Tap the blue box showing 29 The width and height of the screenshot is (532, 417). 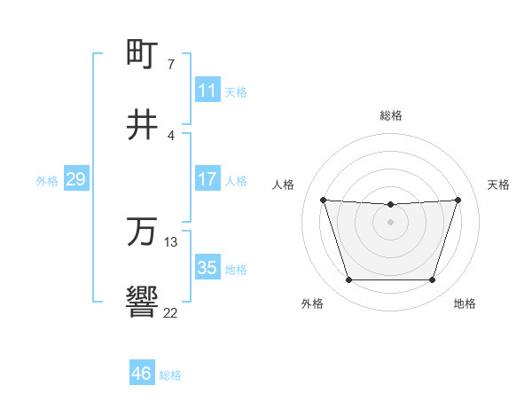[x=75, y=180]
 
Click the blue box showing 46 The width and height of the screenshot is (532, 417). [x=142, y=374]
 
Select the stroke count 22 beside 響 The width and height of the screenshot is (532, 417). [x=171, y=312]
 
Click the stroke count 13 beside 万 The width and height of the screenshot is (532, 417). [x=171, y=241]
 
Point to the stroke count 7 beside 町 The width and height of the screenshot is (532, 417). [x=171, y=64]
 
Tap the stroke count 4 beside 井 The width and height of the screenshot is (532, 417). [x=171, y=135]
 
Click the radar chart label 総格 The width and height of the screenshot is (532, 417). [x=391, y=115]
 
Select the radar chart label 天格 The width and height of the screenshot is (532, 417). [x=498, y=185]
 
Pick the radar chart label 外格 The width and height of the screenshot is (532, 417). [x=312, y=303]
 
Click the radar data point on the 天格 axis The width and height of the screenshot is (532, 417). [x=458, y=200]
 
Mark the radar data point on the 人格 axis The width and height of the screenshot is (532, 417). [x=324, y=200]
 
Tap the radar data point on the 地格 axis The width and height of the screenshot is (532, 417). [x=432, y=280]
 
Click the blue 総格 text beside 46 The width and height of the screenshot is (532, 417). [x=170, y=375]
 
